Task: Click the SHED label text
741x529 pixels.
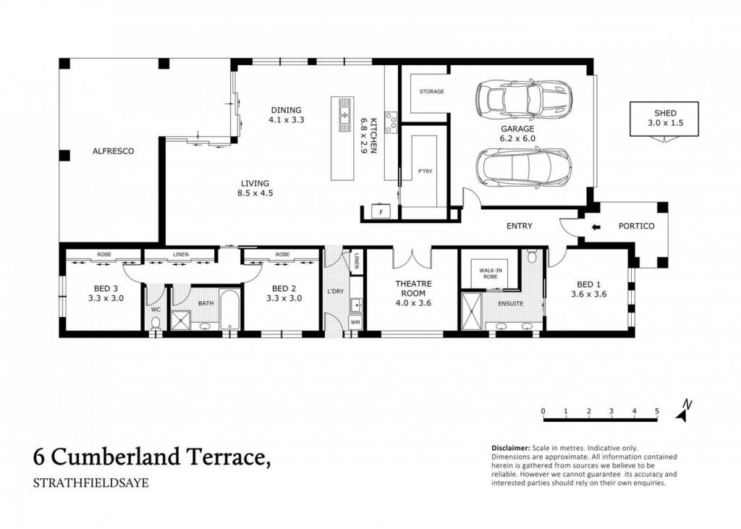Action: point(665,113)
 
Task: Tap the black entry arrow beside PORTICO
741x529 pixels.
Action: point(596,227)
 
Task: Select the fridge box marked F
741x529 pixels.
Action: point(381,212)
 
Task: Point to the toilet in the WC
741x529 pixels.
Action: point(155,323)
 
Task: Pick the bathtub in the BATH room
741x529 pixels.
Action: point(229,309)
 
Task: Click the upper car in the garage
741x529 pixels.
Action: point(524,99)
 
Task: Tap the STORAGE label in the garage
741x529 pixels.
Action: point(431,91)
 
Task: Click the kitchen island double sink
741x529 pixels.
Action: point(344,115)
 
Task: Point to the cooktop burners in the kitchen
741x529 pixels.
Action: point(391,122)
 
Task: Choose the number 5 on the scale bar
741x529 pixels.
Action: point(657,411)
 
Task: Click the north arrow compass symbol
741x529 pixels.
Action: point(682,411)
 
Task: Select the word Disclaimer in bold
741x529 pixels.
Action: point(510,448)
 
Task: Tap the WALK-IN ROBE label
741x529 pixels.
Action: point(491,274)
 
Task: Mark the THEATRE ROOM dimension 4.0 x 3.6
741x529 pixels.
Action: point(413,303)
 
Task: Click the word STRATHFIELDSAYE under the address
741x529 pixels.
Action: point(90,483)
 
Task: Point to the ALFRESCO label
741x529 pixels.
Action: point(113,151)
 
